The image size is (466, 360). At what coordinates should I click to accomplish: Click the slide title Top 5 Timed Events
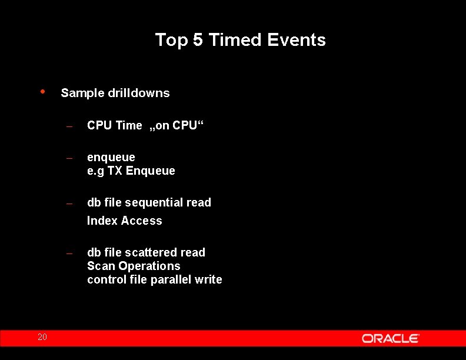click(240, 40)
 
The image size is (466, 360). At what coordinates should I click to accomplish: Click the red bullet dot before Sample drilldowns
click(42, 91)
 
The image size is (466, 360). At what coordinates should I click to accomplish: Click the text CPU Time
click(114, 125)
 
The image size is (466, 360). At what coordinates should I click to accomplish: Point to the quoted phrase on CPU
click(176, 125)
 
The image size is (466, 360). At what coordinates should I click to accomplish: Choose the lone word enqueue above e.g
click(111, 158)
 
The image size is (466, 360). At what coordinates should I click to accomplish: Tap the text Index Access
click(124, 221)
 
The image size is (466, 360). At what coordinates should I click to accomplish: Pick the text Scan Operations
click(134, 266)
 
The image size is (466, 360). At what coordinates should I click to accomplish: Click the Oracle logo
click(390, 338)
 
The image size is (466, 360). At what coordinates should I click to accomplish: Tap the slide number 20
click(42, 337)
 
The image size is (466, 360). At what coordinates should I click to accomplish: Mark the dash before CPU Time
click(69, 126)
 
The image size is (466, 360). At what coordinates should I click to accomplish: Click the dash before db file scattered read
click(69, 254)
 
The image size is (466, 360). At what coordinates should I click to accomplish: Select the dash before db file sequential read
click(69, 204)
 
